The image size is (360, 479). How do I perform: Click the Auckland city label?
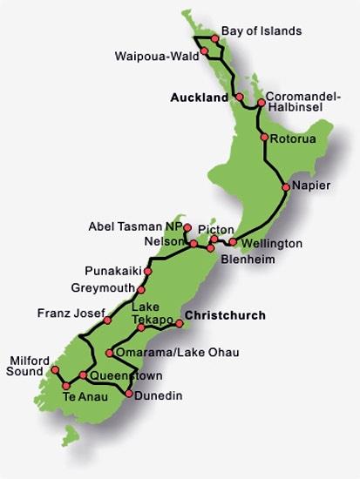pyautogui.click(x=200, y=98)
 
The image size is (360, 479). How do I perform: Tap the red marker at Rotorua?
pyautogui.click(x=264, y=138)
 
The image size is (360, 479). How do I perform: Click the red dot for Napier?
pyautogui.click(x=286, y=187)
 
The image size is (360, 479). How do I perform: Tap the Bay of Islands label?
pyautogui.click(x=262, y=30)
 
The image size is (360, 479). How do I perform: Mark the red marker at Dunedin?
pyautogui.click(x=130, y=395)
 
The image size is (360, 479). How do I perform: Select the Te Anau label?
pyautogui.click(x=84, y=399)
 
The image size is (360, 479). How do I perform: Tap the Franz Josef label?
pyautogui.click(x=72, y=312)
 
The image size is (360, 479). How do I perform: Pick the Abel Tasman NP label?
pyautogui.click(x=134, y=226)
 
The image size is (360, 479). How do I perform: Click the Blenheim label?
pyautogui.click(x=246, y=259)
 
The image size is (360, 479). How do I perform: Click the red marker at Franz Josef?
pyautogui.click(x=107, y=320)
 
